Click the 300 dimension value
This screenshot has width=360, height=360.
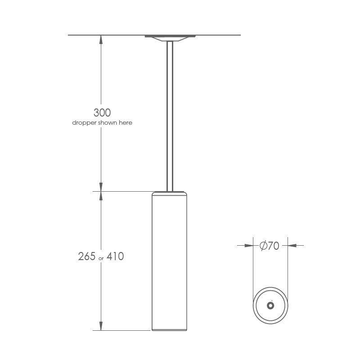[102, 112]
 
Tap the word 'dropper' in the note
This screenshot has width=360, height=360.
[84, 123]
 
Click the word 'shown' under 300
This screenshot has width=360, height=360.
[108, 122]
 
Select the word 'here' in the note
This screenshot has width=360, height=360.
[126, 122]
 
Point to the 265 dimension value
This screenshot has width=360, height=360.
[87, 256]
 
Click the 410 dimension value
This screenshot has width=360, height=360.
[115, 256]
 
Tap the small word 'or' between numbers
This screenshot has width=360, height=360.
[101, 258]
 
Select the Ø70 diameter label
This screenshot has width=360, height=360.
[269, 246]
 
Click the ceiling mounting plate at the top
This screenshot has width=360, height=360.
[170, 38]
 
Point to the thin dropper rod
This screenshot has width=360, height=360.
[170, 116]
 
